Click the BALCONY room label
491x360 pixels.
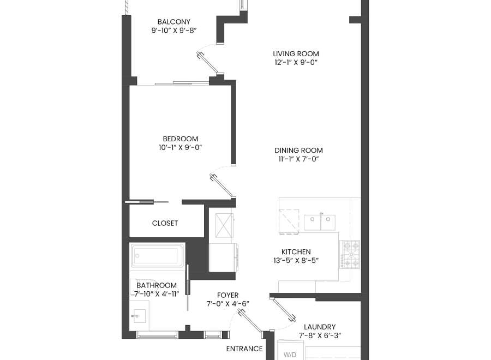click(x=174, y=22)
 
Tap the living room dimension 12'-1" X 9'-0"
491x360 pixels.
click(x=296, y=62)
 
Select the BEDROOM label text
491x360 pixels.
click(x=181, y=139)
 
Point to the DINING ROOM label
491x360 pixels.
click(x=299, y=150)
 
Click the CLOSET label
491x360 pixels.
click(x=165, y=223)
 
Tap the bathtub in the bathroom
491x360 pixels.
click(x=157, y=256)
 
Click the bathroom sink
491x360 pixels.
click(x=139, y=316)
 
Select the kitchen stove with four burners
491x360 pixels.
click(x=350, y=254)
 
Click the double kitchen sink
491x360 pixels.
click(x=320, y=222)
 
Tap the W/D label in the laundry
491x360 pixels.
click(x=290, y=355)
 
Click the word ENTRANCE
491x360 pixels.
click(x=244, y=349)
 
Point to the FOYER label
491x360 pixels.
click(x=227, y=295)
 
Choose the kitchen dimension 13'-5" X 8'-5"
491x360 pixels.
click(x=296, y=260)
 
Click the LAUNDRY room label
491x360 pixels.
click(x=320, y=327)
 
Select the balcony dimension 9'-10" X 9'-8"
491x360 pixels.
click(x=174, y=31)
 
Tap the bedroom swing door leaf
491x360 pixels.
click(x=223, y=186)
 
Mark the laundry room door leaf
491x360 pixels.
click(x=284, y=309)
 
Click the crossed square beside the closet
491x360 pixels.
click(x=224, y=225)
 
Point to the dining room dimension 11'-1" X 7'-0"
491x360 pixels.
click(x=299, y=159)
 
